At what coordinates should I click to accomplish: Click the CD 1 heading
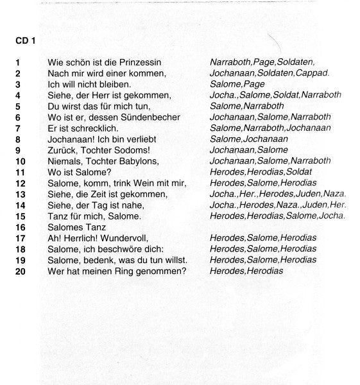25,40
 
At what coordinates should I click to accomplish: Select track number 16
21,227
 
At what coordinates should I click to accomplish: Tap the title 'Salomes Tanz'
76,227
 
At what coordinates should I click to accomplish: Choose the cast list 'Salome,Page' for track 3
237,84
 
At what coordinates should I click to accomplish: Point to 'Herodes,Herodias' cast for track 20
246,271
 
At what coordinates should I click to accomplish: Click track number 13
21,194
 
